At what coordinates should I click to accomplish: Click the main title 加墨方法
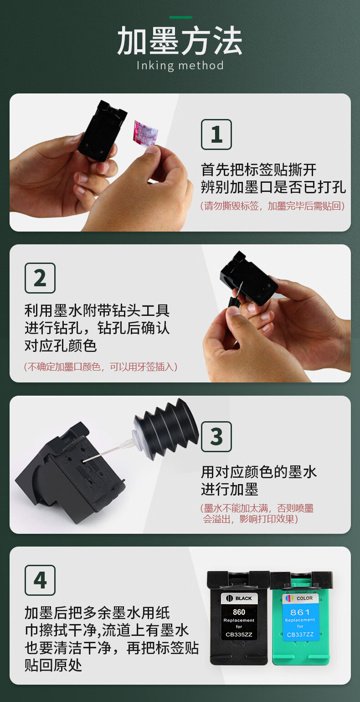[x=180, y=41]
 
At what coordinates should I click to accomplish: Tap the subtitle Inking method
[x=180, y=66]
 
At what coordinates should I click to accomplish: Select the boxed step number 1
[x=216, y=134]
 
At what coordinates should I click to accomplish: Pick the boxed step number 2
[x=40, y=278]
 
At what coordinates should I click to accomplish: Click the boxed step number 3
[x=216, y=437]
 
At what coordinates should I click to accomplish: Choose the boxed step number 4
[x=40, y=580]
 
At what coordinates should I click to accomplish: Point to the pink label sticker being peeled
[x=145, y=133]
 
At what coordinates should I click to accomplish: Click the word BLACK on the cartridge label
[x=243, y=598]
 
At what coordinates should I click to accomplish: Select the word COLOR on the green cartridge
[x=304, y=598]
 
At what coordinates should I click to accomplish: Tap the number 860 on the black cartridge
[x=239, y=612]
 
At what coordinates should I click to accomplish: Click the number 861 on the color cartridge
[x=300, y=612]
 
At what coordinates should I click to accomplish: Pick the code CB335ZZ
[x=239, y=635]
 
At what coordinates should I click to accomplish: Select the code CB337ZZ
[x=300, y=635]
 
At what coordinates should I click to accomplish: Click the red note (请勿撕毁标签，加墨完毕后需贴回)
[x=273, y=206]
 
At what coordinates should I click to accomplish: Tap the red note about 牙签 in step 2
[x=101, y=366]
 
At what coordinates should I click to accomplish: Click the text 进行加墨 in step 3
[x=229, y=489]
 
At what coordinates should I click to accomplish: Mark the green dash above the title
[x=181, y=17]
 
